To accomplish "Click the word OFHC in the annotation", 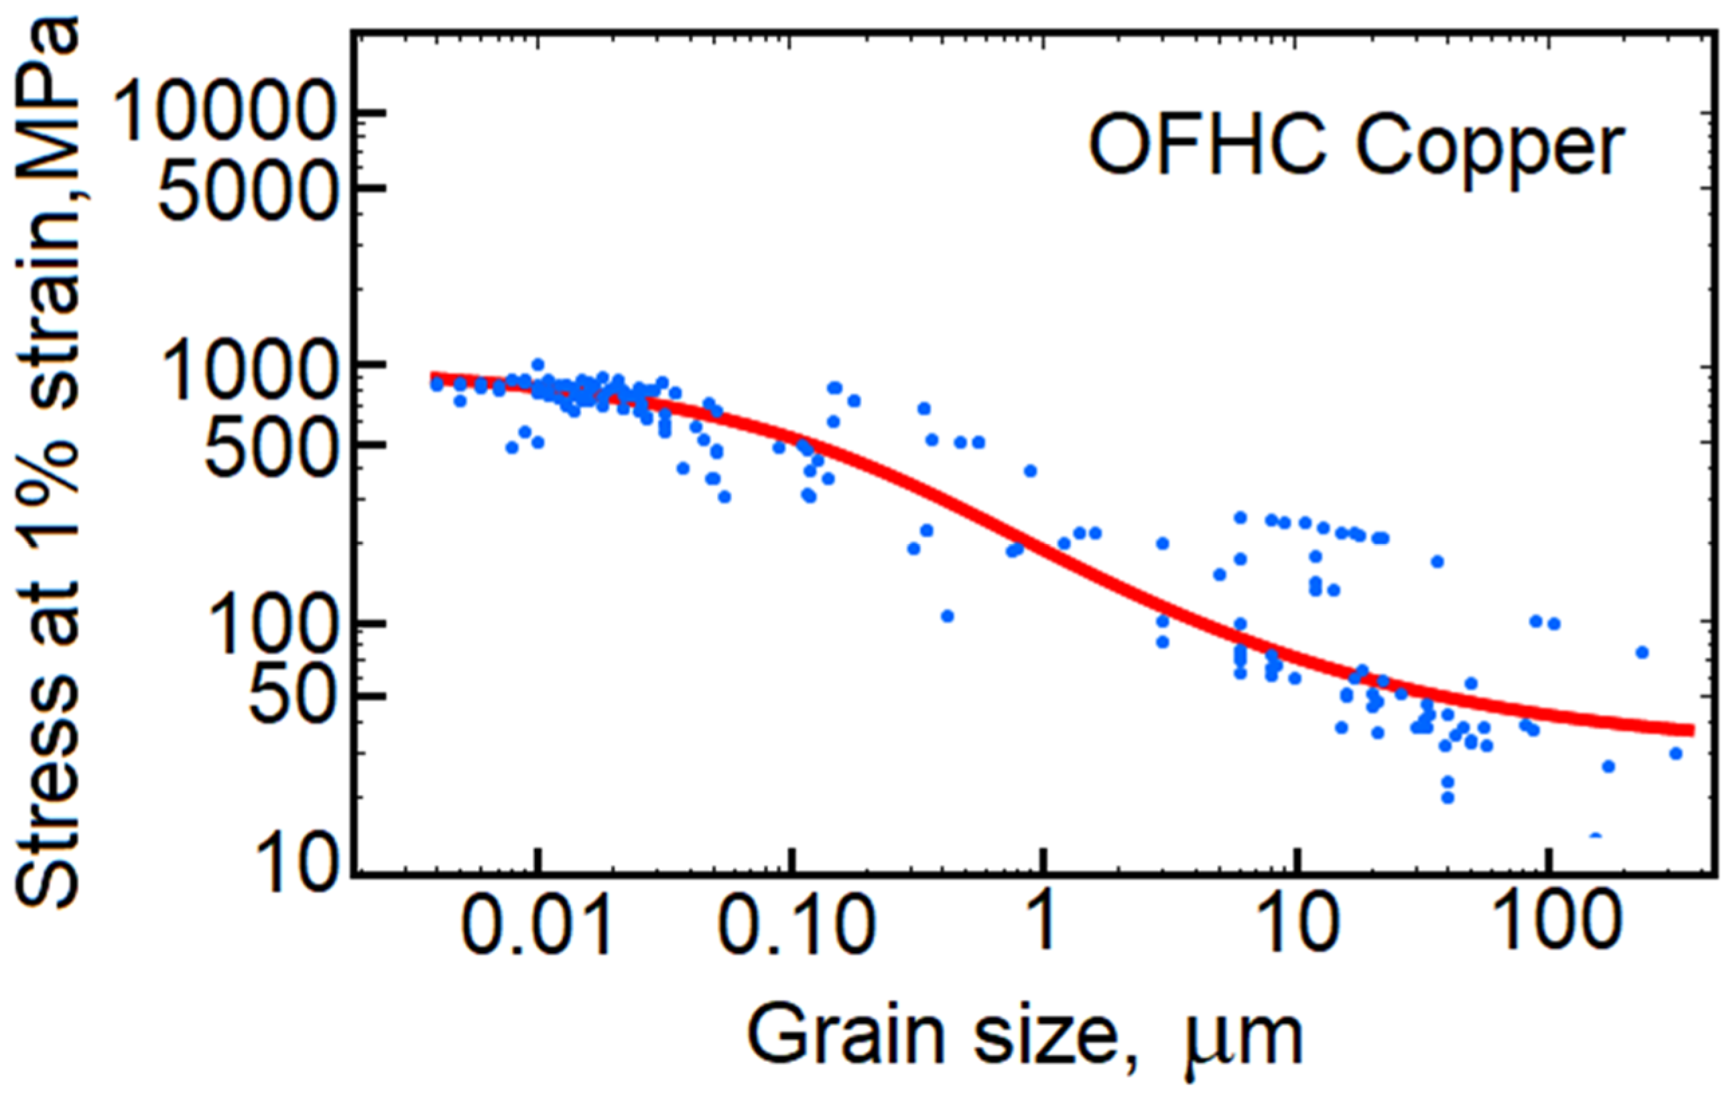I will [1204, 148].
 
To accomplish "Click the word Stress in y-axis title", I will [50, 805].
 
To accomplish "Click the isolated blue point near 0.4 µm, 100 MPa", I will [948, 616].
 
